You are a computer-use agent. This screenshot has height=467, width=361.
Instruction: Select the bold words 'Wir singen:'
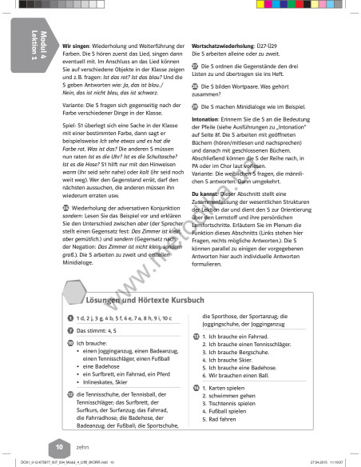pyautogui.click(x=79, y=46)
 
